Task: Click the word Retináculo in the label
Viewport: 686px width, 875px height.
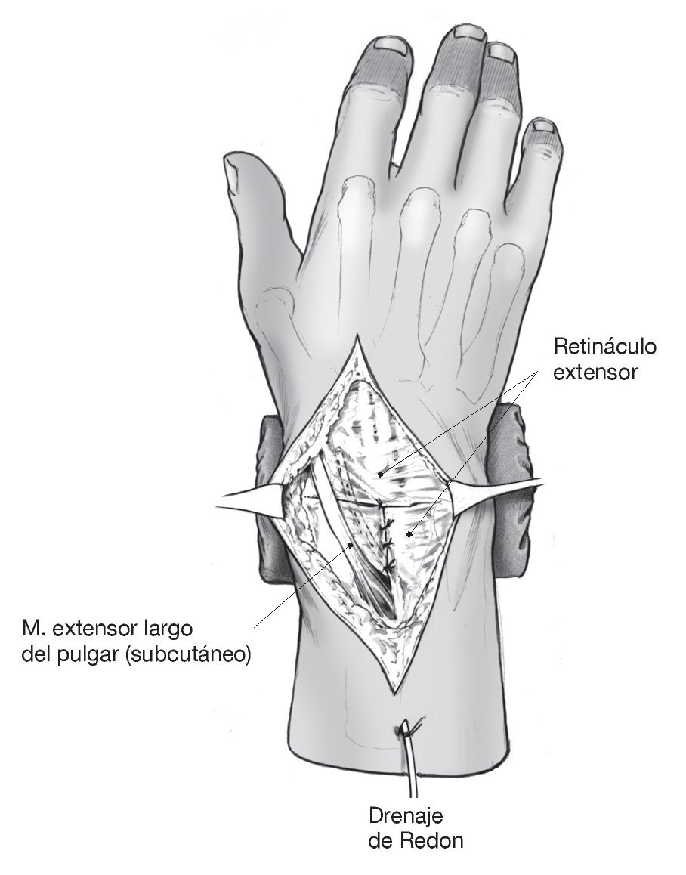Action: tap(605, 348)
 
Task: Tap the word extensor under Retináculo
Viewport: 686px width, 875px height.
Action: tap(593, 373)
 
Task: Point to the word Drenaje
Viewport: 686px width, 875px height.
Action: tap(405, 816)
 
